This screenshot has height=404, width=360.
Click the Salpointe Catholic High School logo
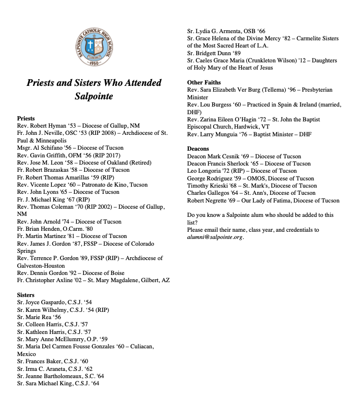coord(94,47)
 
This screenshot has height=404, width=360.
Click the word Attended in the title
coord(139,83)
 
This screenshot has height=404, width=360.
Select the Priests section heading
coord(26,119)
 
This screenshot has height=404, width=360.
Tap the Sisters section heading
coord(25,295)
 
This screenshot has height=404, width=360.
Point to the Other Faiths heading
coord(204,83)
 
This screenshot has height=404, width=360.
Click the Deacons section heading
coord(198,149)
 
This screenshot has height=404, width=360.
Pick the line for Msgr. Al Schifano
coord(70,148)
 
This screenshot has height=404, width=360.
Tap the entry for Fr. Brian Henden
coord(48,229)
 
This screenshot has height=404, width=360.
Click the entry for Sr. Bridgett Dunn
coord(214,53)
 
